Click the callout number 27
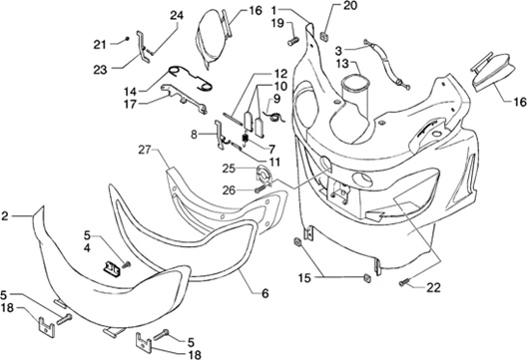click(145, 150)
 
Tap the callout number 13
click(342, 64)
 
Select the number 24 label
click(177, 15)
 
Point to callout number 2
click(5, 216)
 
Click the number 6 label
click(265, 294)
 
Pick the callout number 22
click(433, 288)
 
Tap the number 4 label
click(87, 248)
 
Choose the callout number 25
click(229, 169)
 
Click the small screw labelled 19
click(293, 42)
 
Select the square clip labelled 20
click(324, 36)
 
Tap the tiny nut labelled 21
click(127, 39)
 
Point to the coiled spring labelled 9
click(276, 117)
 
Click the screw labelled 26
click(260, 189)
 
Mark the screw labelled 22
click(404, 282)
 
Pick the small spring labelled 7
click(245, 139)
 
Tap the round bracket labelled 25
click(263, 176)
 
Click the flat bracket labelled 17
click(184, 99)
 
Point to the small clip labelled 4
click(112, 267)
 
